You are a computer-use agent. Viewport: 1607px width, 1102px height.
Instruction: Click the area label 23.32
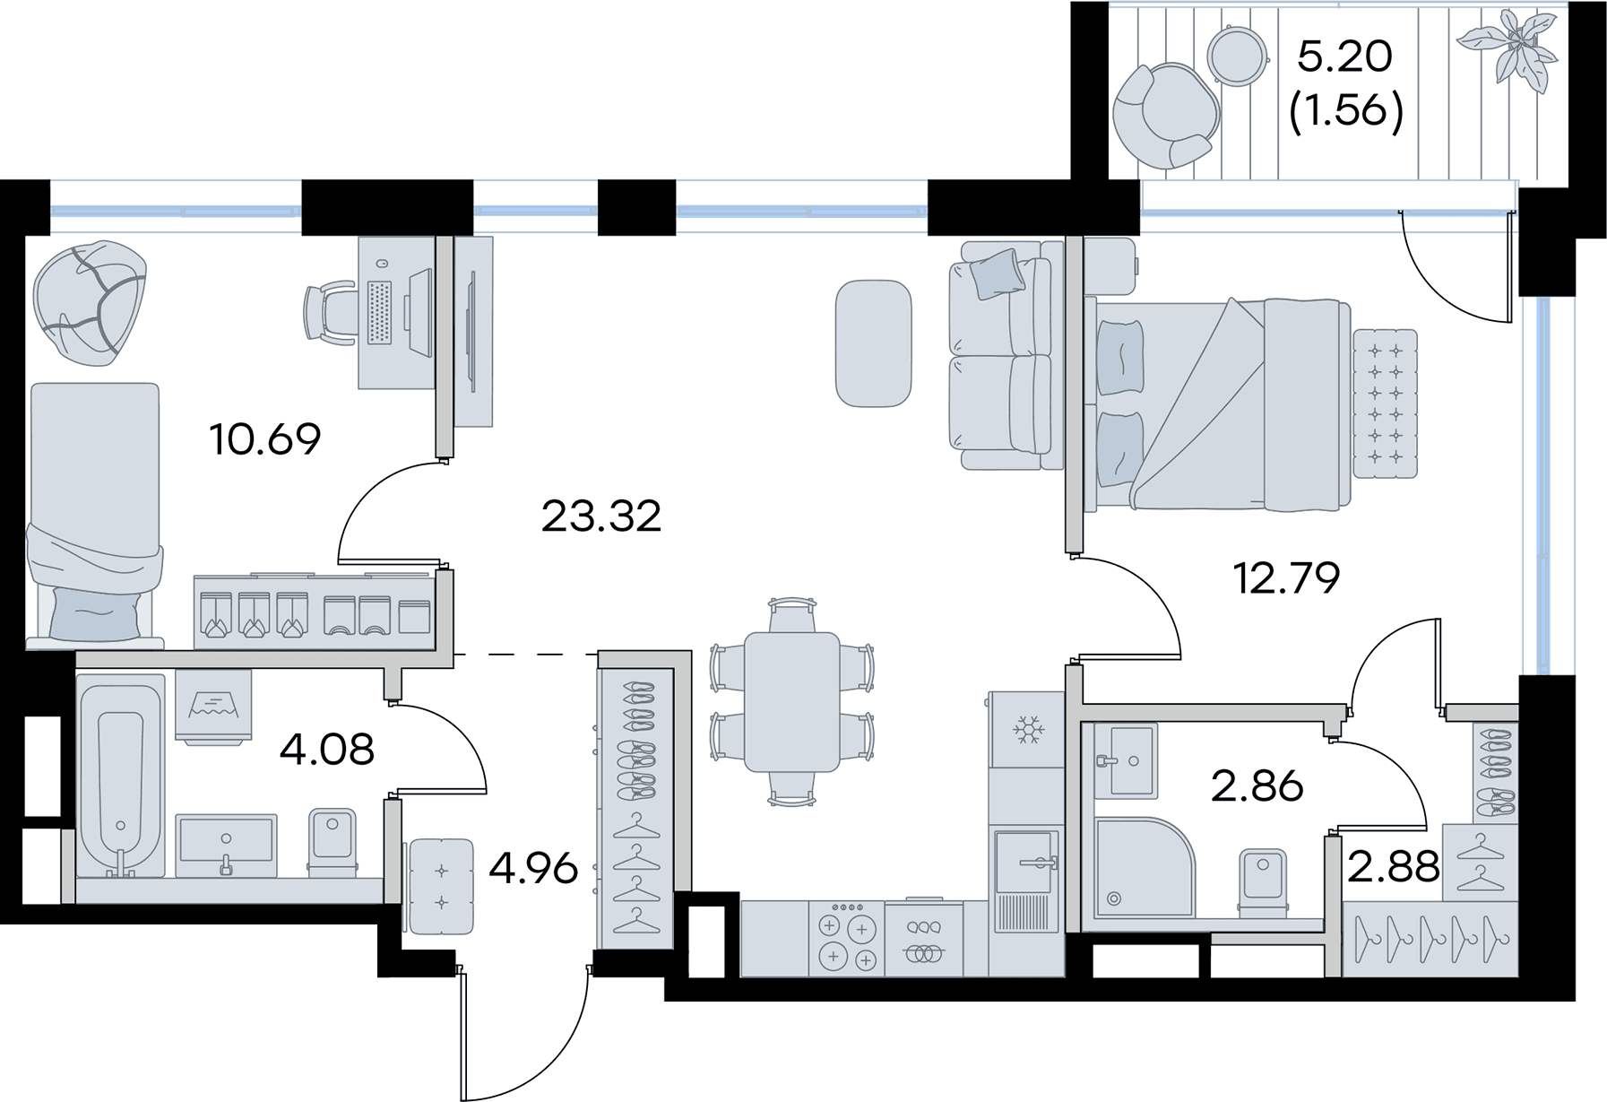point(601,516)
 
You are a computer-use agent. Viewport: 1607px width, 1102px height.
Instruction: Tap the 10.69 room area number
point(264,439)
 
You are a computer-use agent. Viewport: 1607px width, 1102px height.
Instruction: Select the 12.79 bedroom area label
point(1286,578)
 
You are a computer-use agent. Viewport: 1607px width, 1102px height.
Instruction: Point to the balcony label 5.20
point(1345,56)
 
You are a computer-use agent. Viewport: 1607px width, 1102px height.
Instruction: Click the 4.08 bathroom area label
point(326,749)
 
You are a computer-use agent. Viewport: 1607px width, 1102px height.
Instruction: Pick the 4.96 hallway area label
point(533,868)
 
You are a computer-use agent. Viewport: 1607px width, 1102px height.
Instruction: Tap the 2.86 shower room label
point(1257,786)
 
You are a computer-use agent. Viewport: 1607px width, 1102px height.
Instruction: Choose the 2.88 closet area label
point(1394,866)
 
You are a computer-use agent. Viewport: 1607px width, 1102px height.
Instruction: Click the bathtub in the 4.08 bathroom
point(120,777)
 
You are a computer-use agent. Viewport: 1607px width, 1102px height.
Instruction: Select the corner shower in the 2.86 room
point(1144,866)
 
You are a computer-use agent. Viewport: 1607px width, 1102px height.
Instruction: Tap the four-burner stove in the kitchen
point(846,939)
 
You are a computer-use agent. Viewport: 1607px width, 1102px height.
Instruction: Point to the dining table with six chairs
point(791,702)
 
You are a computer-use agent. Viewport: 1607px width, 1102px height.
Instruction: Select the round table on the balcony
point(1237,56)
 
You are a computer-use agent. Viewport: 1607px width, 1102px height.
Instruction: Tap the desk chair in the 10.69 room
point(328,312)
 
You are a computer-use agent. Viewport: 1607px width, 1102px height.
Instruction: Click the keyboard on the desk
point(380,313)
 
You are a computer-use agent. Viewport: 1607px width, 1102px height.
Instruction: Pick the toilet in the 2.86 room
point(1262,882)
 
